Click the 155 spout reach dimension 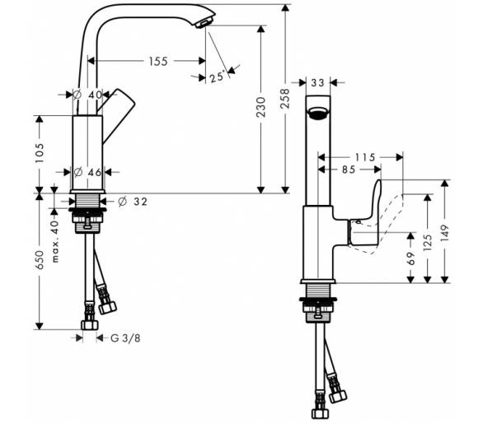click(158, 61)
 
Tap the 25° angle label click(217, 77)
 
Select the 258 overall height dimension click(285, 99)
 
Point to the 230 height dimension click(261, 107)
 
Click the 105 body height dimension click(40, 153)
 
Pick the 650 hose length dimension click(40, 260)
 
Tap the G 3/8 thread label click(125, 338)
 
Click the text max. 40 click(55, 241)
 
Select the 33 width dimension click(317, 83)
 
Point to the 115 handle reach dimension click(365, 157)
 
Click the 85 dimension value click(349, 170)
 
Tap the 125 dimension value click(428, 243)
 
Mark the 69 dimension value click(411, 258)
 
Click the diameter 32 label click(133, 202)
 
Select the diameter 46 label click(88, 172)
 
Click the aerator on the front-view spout click(317, 112)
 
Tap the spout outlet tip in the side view click(204, 23)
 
